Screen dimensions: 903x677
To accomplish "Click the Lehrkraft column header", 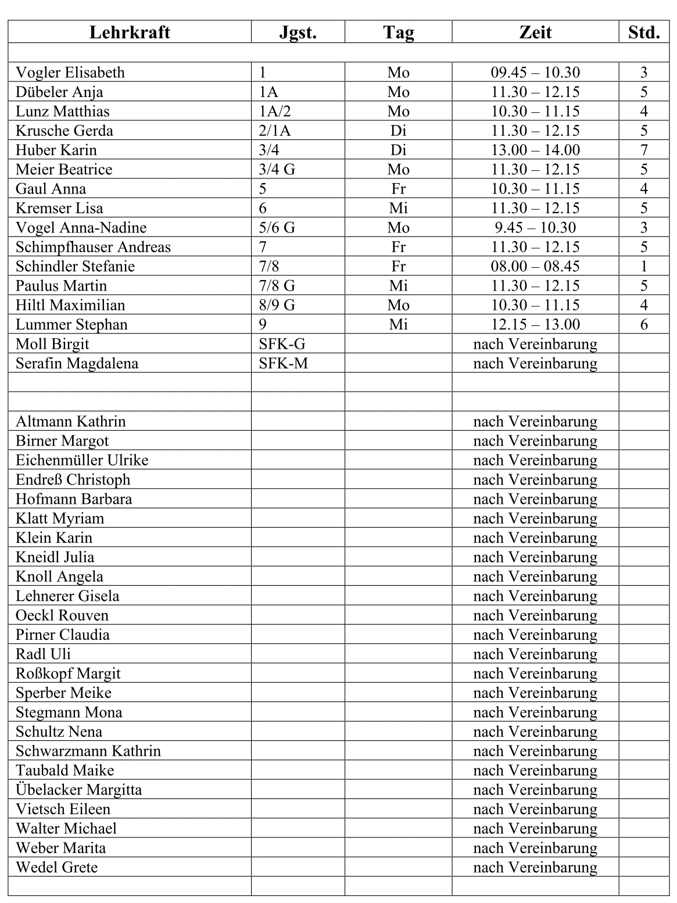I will pyautogui.click(x=130, y=32).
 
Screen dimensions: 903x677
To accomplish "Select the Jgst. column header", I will pyautogui.click(x=298, y=32).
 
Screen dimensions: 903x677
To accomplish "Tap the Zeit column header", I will pyautogui.click(x=535, y=32).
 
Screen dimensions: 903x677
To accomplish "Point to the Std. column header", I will pyautogui.click(x=644, y=32).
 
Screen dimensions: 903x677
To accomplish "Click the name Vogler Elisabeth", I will pyautogui.click(x=70, y=73).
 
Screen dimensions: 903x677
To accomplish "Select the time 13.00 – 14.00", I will pyautogui.click(x=535, y=150).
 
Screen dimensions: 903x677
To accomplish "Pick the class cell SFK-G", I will pyautogui.click(x=282, y=344).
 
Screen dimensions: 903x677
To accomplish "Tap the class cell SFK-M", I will pyautogui.click(x=283, y=363).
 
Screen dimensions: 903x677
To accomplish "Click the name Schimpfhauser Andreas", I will pyautogui.click(x=93, y=247).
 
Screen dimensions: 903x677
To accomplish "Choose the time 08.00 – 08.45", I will pyautogui.click(x=535, y=266).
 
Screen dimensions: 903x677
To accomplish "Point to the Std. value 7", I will pyautogui.click(x=644, y=150).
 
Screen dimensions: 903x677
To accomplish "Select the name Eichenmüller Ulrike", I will pyautogui.click(x=82, y=460).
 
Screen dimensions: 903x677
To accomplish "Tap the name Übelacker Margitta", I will pyautogui.click(x=78, y=790).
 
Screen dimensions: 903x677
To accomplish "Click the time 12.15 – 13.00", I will pyautogui.click(x=535, y=324).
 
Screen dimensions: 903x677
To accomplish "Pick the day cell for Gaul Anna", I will pyautogui.click(x=398, y=189).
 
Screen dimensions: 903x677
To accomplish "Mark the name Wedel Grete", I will pyautogui.click(x=56, y=868).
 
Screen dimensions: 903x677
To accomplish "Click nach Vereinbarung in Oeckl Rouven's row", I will pyautogui.click(x=535, y=615).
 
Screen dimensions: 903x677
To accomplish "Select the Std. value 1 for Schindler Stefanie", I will pyautogui.click(x=644, y=266).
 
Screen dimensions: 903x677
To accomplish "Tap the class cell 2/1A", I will pyautogui.click(x=274, y=131).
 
